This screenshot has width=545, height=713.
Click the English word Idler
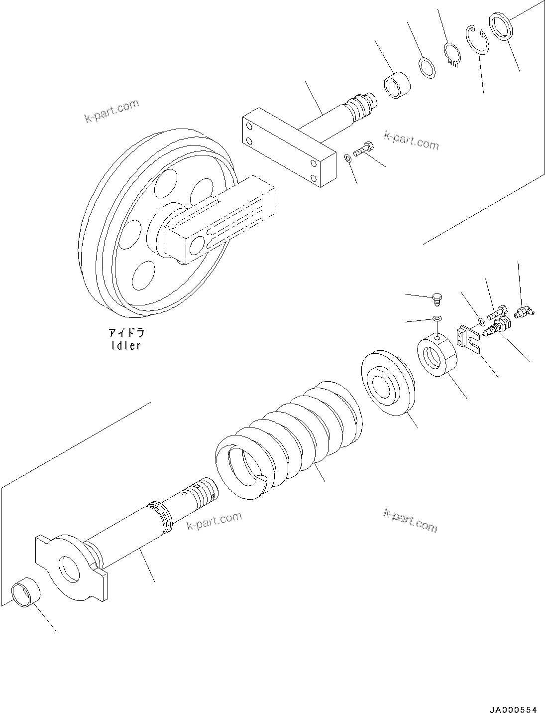point(126,345)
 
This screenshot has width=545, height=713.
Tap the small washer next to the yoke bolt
point(348,158)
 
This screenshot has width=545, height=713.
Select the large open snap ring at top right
point(478,39)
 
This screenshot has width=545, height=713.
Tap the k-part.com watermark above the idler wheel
point(111,111)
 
